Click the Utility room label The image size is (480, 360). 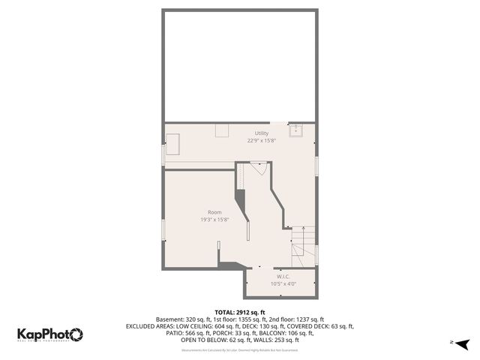[x=240, y=133]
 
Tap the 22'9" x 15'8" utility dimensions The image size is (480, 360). [x=240, y=140]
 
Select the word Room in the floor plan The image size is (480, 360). [x=214, y=212]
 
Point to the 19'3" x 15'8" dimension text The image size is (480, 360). [x=214, y=220]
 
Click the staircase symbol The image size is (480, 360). [x=304, y=244]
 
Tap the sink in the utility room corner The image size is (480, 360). [x=297, y=131]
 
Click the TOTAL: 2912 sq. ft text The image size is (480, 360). [x=240, y=312]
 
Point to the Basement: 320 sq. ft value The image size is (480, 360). [x=182, y=319]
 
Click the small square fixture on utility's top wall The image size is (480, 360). [x=222, y=130]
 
